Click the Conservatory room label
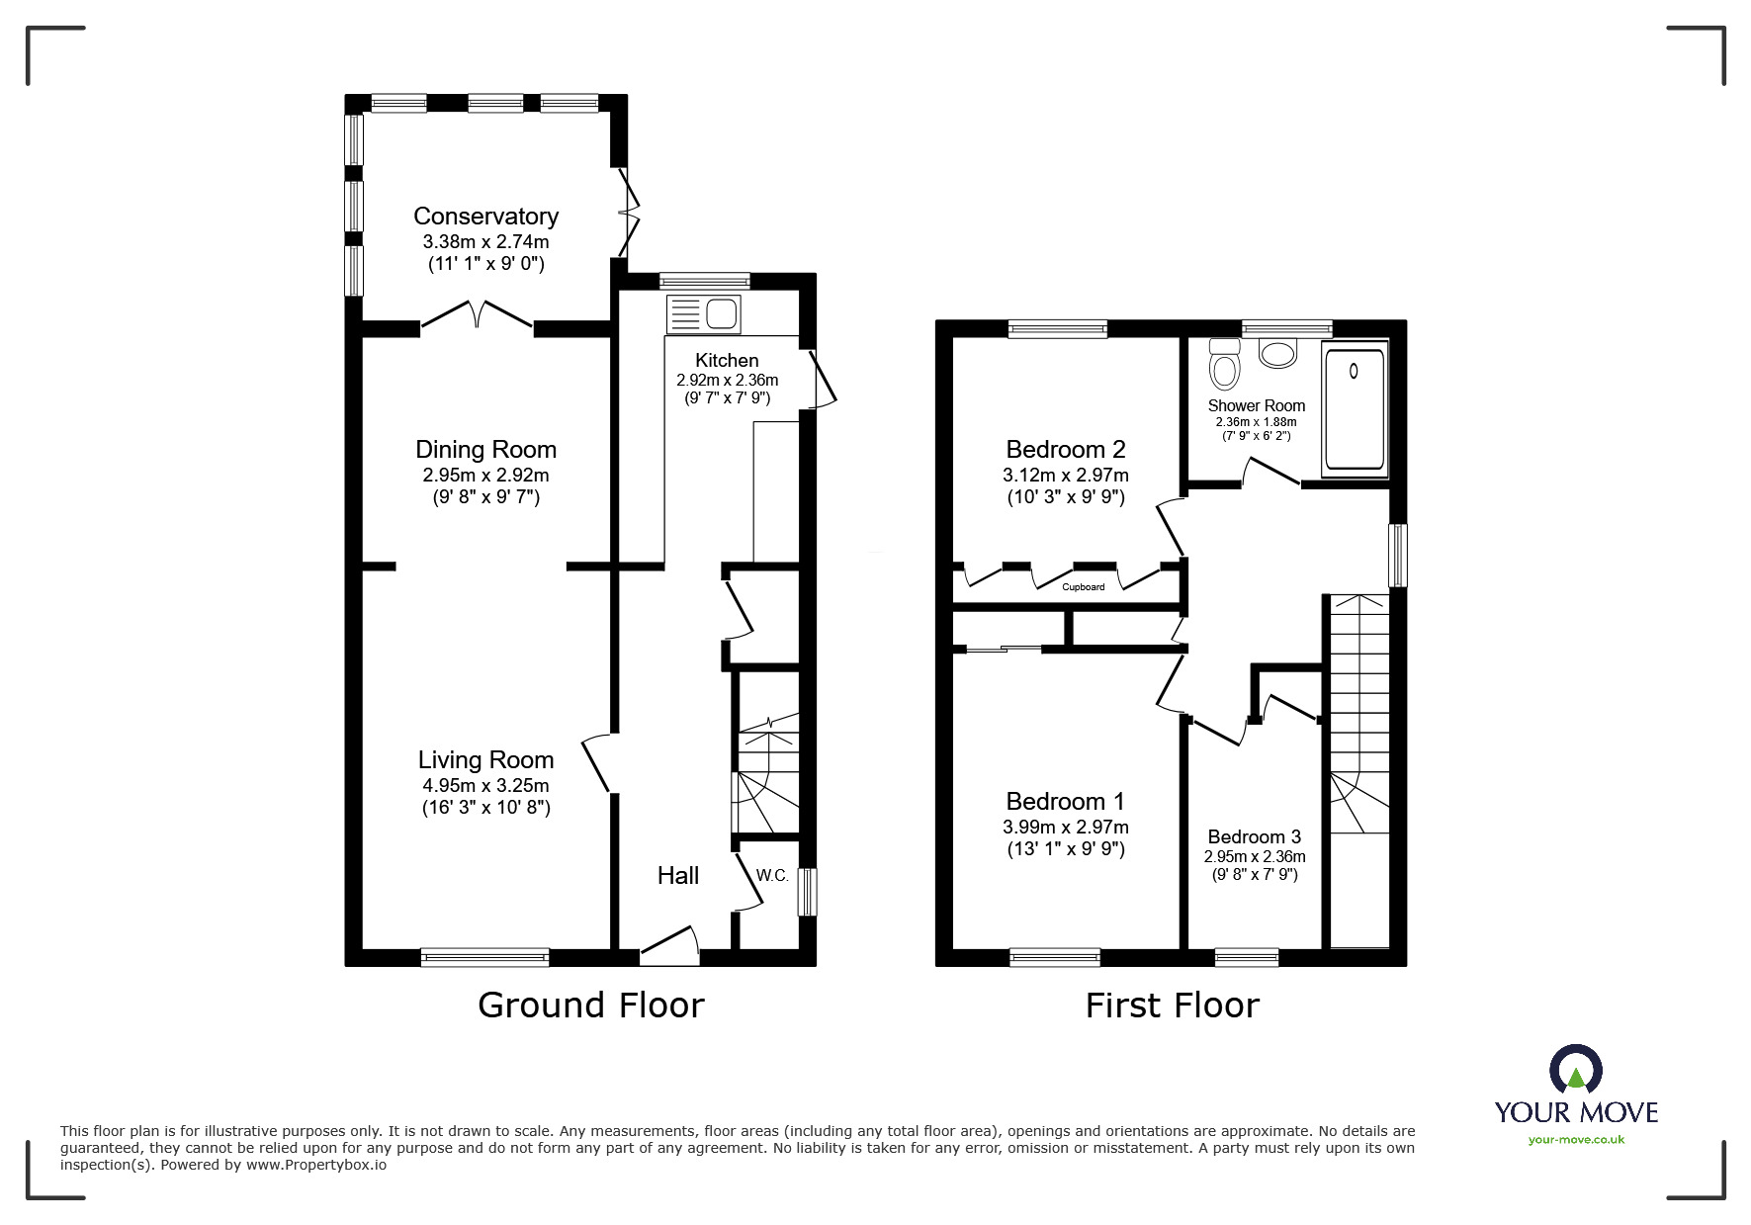(485, 216)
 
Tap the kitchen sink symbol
(703, 313)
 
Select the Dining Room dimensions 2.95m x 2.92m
(485, 475)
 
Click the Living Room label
(485, 759)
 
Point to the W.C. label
(772, 875)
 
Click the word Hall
(678, 875)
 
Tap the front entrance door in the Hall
(670, 944)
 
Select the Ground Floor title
(591, 1005)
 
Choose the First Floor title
(1173, 1006)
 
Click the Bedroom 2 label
(1066, 450)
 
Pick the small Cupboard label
(1084, 587)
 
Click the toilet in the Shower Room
(1225, 364)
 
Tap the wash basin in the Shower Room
(1278, 353)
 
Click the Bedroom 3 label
(1255, 837)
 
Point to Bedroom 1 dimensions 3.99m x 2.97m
(1066, 827)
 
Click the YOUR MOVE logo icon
(1575, 1071)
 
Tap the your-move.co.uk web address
(1576, 1139)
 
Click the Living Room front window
(484, 957)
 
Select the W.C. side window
(808, 892)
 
